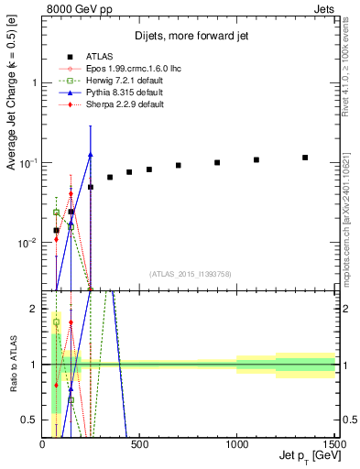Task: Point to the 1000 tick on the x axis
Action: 237,444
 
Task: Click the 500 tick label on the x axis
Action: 139,444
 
